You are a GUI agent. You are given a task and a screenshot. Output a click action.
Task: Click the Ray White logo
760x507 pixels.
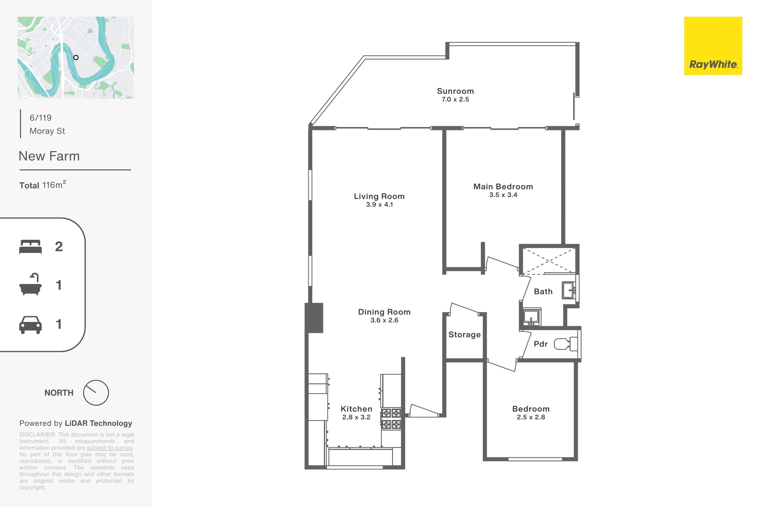click(713, 46)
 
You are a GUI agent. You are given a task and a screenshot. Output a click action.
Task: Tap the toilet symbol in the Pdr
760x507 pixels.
click(566, 344)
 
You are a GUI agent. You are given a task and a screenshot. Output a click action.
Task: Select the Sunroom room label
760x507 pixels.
click(455, 91)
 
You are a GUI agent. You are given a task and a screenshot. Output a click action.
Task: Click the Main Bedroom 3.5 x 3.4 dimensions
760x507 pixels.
click(503, 195)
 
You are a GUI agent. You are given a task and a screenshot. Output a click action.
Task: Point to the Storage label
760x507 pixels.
click(464, 335)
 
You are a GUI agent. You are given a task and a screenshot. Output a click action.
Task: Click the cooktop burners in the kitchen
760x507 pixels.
click(391, 419)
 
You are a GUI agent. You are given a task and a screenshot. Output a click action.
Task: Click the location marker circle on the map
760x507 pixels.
click(76, 58)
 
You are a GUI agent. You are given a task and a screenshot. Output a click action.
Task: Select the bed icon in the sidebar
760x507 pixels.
click(30, 247)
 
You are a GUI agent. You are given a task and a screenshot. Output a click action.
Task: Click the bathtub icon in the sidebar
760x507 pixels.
click(30, 284)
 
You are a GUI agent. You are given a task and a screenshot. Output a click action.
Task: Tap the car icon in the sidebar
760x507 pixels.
click(30, 325)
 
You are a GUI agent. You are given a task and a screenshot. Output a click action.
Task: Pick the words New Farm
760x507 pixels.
click(49, 156)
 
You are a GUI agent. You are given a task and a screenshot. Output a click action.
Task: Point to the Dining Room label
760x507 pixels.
click(384, 312)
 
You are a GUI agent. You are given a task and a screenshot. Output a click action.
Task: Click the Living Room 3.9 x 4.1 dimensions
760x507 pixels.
click(379, 205)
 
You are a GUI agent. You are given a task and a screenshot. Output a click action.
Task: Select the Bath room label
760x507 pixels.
click(543, 292)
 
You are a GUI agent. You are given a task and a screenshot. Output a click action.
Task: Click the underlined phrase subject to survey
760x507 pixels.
click(109, 448)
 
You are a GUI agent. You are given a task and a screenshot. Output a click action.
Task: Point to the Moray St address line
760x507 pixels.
click(47, 131)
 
